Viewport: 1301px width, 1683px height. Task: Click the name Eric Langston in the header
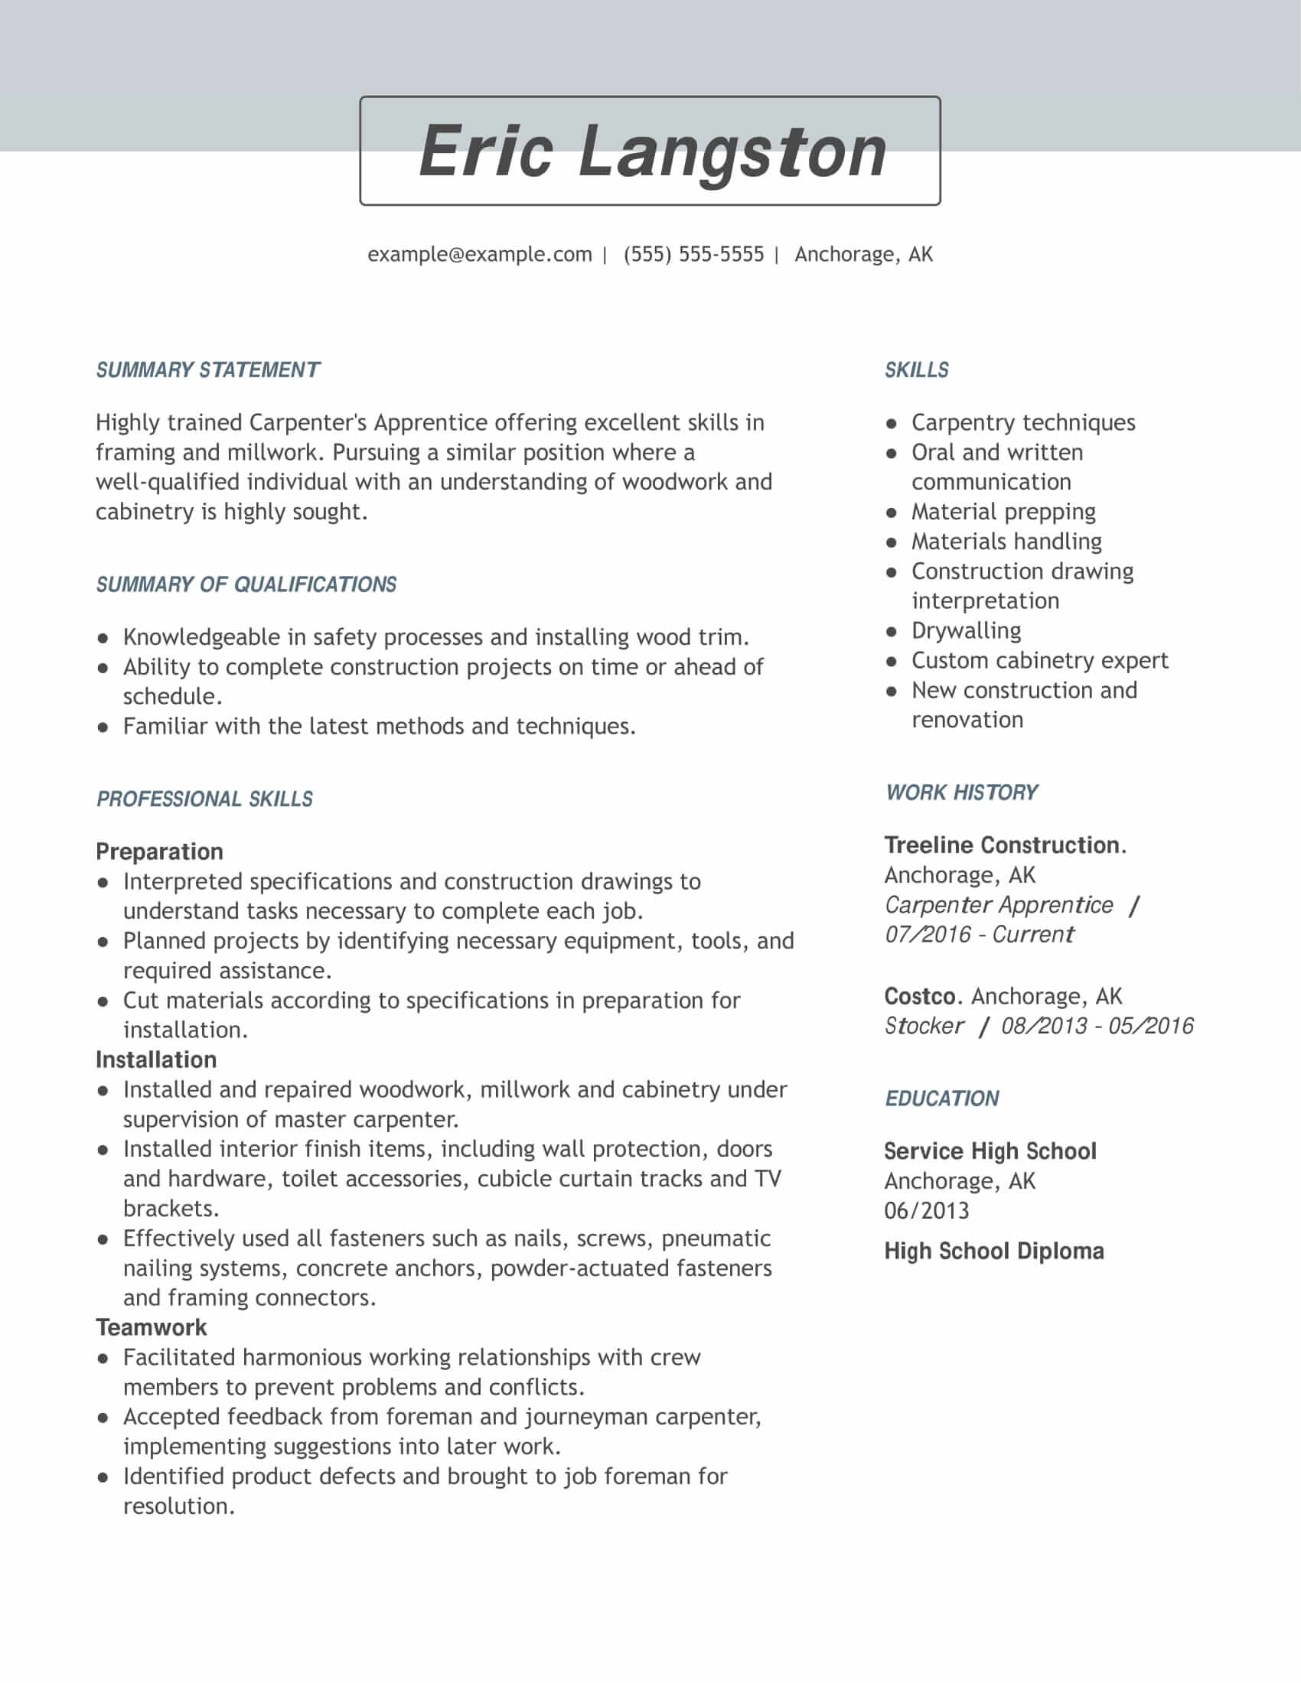tap(651, 151)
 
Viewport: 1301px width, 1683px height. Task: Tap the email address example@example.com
tap(479, 254)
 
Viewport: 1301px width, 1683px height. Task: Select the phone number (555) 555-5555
tap(693, 254)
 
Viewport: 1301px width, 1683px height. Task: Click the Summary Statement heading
tap(207, 370)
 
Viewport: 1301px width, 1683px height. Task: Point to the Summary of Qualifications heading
tap(246, 584)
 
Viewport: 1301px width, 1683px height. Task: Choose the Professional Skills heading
tap(204, 799)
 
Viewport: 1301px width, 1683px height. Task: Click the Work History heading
tap(961, 793)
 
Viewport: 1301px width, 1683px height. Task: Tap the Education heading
tap(942, 1098)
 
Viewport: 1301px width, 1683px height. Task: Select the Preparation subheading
tap(159, 851)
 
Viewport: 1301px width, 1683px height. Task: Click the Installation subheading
tap(155, 1060)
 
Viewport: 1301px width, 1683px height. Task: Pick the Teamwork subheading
tap(151, 1327)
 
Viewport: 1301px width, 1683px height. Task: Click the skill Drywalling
tap(966, 630)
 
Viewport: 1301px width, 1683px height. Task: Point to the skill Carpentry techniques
tap(1022, 422)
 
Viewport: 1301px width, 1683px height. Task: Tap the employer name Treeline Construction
tap(1002, 845)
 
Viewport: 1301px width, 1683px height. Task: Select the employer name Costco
tap(919, 996)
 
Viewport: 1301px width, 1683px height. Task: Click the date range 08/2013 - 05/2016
tap(1097, 1026)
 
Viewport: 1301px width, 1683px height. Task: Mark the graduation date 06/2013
tap(927, 1211)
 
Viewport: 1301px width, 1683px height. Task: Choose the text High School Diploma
tap(993, 1251)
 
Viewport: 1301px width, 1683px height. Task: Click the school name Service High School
tap(990, 1151)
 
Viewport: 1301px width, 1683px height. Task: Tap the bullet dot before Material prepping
tap(892, 513)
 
